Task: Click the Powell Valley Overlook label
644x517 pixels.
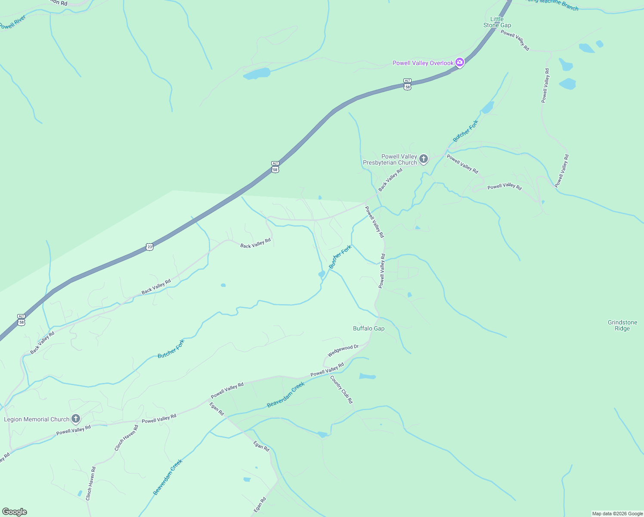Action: click(423, 63)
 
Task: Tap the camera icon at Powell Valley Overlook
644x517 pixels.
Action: click(460, 63)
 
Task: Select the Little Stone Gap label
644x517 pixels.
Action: click(497, 22)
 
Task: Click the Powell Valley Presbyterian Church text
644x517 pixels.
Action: click(390, 159)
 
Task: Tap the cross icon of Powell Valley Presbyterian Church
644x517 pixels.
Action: click(424, 159)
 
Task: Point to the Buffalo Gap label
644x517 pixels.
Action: click(368, 328)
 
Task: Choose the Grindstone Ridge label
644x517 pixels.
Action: click(622, 325)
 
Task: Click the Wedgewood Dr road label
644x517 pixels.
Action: click(343, 351)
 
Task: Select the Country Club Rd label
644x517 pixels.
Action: click(342, 389)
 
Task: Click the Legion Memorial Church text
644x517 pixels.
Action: click(37, 419)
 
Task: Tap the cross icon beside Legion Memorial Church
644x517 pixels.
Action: click(76, 419)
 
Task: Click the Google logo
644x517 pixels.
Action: click(14, 512)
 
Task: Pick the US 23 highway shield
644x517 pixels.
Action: click(149, 246)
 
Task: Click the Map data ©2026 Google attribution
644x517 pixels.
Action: click(617, 514)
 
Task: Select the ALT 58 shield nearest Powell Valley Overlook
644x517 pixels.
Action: click(407, 84)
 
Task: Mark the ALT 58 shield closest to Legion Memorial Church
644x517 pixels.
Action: click(22, 320)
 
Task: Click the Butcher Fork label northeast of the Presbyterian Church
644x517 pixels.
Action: click(465, 131)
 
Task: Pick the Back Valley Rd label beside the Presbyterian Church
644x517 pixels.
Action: click(390, 180)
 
